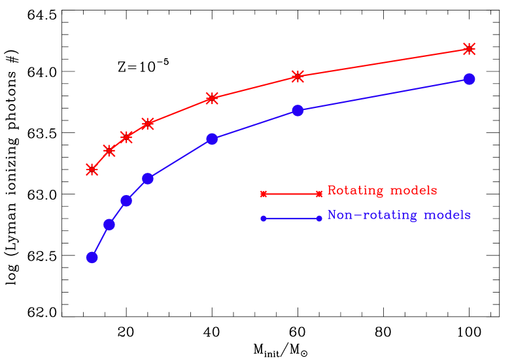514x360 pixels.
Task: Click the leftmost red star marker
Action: [x=92, y=170]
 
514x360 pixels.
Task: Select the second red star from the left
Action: [x=109, y=151]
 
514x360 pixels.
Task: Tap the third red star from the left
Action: [x=126, y=137]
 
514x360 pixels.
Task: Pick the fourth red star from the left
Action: [x=148, y=123]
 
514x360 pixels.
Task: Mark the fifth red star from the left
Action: [x=212, y=98]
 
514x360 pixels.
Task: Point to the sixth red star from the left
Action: [x=298, y=77]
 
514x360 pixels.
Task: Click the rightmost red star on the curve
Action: [x=469, y=48]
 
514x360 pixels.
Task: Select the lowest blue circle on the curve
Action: [x=92, y=257]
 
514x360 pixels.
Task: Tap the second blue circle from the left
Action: [x=109, y=225]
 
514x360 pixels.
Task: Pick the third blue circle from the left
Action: [x=126, y=200]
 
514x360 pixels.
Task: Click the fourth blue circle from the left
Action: [x=148, y=179]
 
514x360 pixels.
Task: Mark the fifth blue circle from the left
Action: [x=212, y=139]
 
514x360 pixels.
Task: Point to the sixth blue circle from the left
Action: [x=298, y=111]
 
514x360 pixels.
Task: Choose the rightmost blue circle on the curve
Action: [x=469, y=79]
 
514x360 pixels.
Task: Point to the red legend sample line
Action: [x=291, y=194]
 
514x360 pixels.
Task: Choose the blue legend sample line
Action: [x=291, y=219]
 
